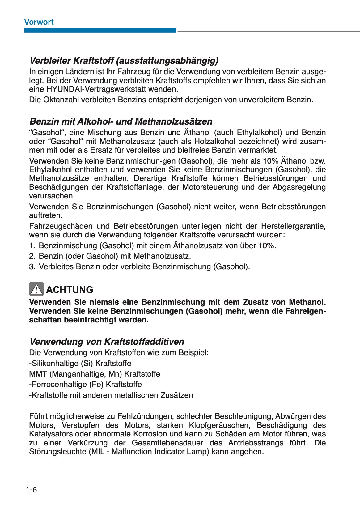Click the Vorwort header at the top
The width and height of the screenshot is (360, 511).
(x=39, y=22)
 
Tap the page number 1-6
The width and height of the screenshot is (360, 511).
(x=32, y=490)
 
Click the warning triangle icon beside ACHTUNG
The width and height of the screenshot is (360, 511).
(x=36, y=289)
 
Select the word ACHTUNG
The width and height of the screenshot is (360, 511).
(x=69, y=290)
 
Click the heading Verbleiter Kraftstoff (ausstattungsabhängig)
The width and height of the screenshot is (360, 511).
(x=124, y=60)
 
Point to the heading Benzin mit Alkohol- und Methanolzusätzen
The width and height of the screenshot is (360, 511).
(x=121, y=121)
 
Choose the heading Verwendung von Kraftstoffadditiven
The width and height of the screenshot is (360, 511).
(x=107, y=342)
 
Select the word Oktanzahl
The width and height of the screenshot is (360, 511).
(x=61, y=100)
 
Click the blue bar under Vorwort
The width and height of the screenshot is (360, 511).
(x=100, y=30)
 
